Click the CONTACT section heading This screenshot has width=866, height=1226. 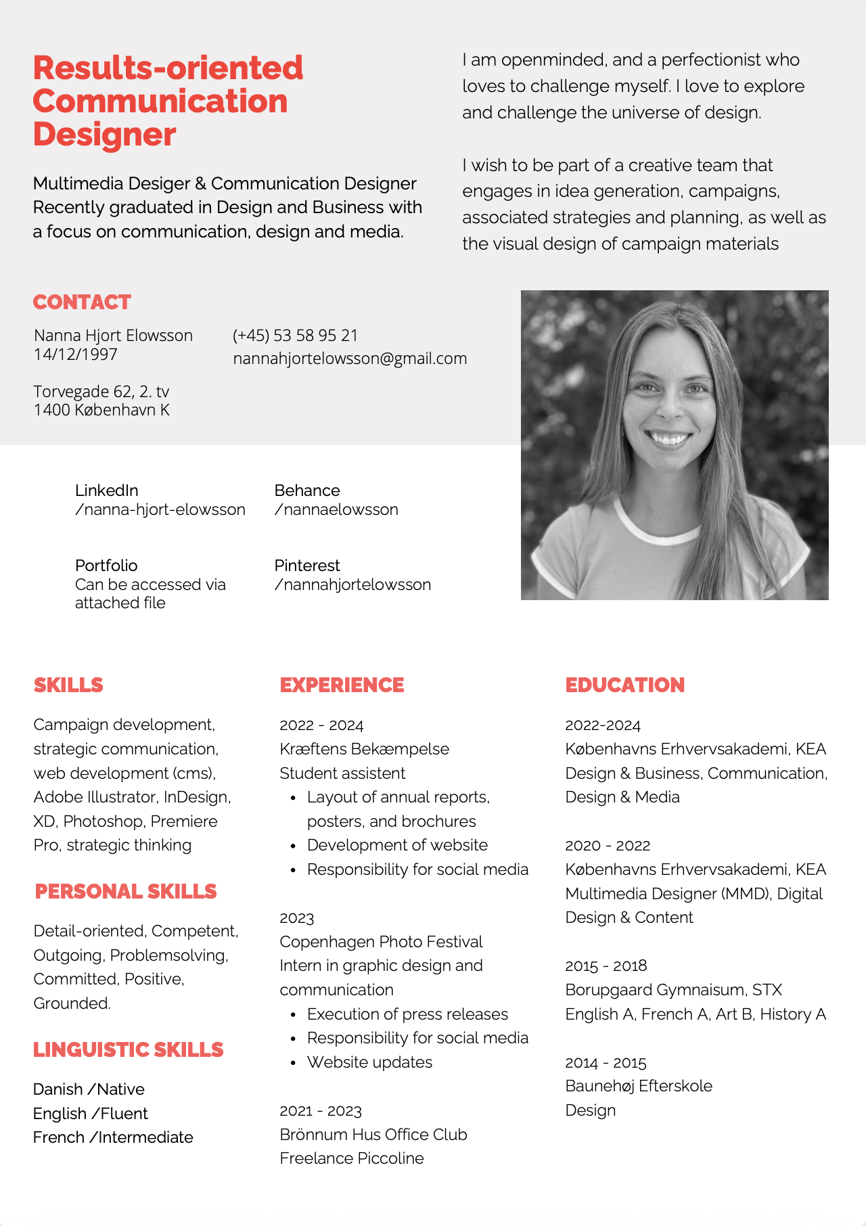82,302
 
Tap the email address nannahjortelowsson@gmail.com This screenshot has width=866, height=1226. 350,359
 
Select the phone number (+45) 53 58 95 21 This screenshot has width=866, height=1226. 295,336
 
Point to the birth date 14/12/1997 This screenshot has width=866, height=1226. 76,355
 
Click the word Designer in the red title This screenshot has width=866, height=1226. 104,135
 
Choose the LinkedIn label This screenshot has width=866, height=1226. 106,491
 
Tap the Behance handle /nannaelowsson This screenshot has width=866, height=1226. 336,509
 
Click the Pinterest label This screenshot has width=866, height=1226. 307,566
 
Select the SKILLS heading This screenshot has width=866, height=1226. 68,685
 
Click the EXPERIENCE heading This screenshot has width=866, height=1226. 342,685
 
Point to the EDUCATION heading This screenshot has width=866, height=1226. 624,685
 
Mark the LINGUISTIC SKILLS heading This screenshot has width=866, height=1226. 128,1049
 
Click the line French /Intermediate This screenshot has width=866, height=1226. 113,1137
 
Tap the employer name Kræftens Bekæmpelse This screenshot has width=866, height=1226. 364,749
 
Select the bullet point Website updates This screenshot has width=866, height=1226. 369,1062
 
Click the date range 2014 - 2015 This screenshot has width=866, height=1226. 606,1062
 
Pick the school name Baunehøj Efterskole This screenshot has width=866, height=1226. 639,1086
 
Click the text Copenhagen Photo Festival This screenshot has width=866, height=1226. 381,942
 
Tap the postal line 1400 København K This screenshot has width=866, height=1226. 101,410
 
